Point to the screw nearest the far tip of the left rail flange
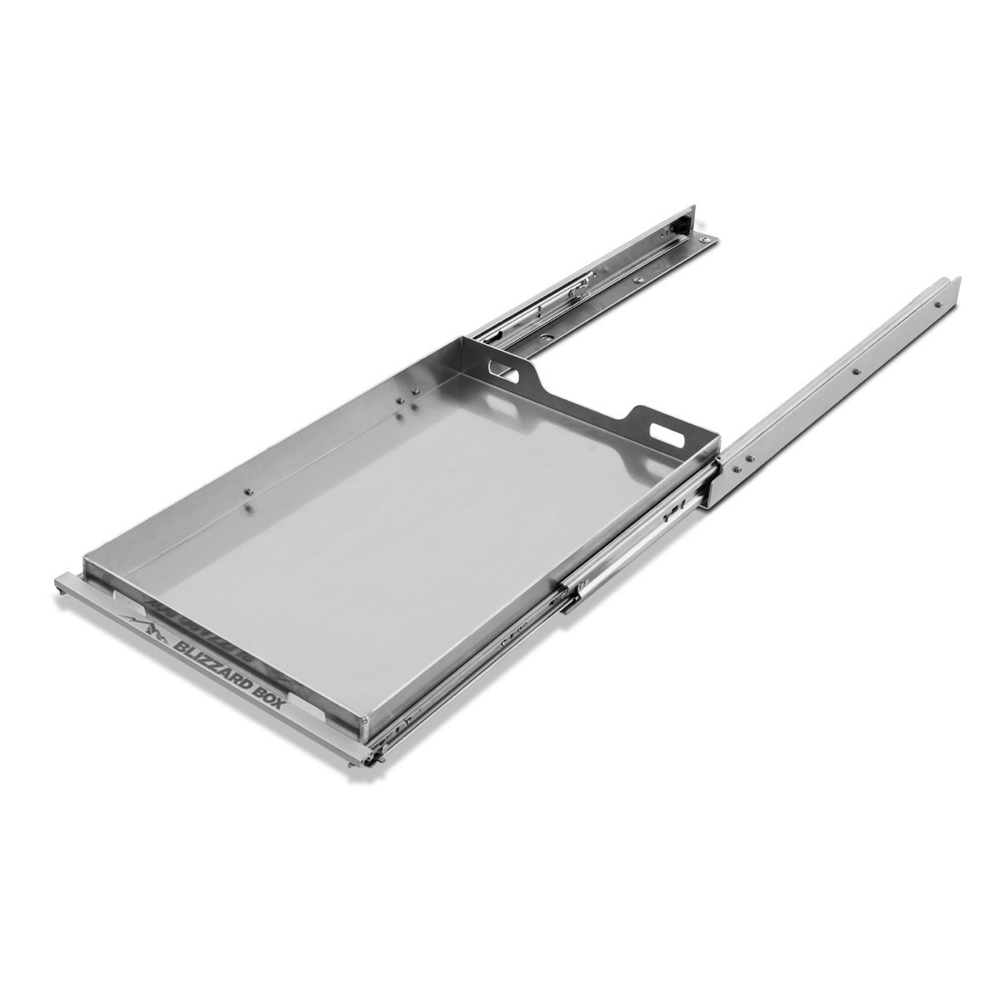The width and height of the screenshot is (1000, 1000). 707,241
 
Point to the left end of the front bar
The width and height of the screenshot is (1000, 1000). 62,581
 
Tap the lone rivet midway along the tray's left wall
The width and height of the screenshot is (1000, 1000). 247,493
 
